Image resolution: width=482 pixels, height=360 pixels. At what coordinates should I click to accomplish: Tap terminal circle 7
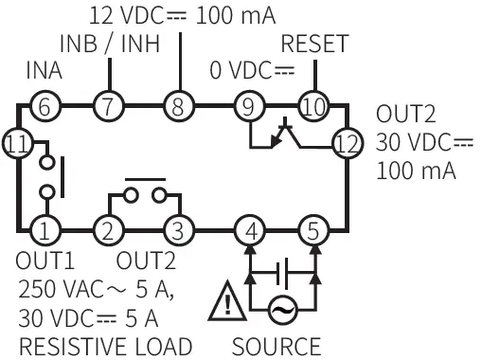tap(109, 106)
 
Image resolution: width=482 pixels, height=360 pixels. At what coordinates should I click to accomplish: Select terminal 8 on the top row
tap(176, 106)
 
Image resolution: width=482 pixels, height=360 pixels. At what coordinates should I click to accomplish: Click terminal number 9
tap(249, 106)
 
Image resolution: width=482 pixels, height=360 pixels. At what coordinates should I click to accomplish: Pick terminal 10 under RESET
tap(312, 106)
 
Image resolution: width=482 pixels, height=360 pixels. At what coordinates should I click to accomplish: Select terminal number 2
tap(109, 228)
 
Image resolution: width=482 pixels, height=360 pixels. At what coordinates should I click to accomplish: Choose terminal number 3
tap(176, 228)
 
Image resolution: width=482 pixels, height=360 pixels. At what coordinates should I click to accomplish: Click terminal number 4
tap(249, 228)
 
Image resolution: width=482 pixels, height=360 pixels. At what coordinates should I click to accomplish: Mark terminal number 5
tap(312, 228)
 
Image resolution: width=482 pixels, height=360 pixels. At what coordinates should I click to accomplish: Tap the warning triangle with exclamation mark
tap(228, 302)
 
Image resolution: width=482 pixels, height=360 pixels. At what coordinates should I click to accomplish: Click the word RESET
tap(315, 45)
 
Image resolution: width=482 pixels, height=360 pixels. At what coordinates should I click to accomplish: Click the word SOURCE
tap(277, 346)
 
